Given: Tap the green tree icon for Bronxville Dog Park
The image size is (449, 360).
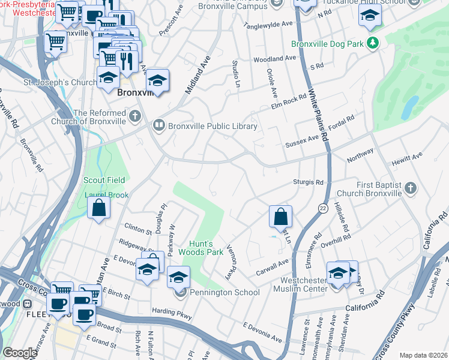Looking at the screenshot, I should [373, 43].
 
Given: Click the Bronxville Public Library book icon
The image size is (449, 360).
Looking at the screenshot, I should [159, 125].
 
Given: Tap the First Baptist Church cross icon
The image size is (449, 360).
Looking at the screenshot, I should [410, 188].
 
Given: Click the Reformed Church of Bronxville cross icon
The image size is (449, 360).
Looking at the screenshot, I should [137, 114].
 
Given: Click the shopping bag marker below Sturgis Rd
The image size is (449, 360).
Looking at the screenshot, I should [280, 216].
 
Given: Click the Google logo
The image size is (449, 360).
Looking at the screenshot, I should [20, 353].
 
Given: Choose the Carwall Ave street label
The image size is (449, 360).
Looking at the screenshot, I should [274, 262].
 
